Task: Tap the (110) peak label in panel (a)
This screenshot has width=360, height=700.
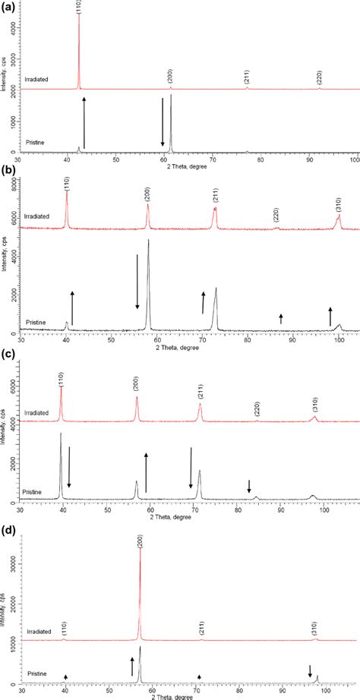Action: tap(80, 8)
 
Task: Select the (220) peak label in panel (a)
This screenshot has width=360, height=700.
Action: tap(319, 78)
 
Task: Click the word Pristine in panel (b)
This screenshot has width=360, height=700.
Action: tap(36, 323)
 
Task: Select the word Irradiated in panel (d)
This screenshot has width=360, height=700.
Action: tap(39, 631)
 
